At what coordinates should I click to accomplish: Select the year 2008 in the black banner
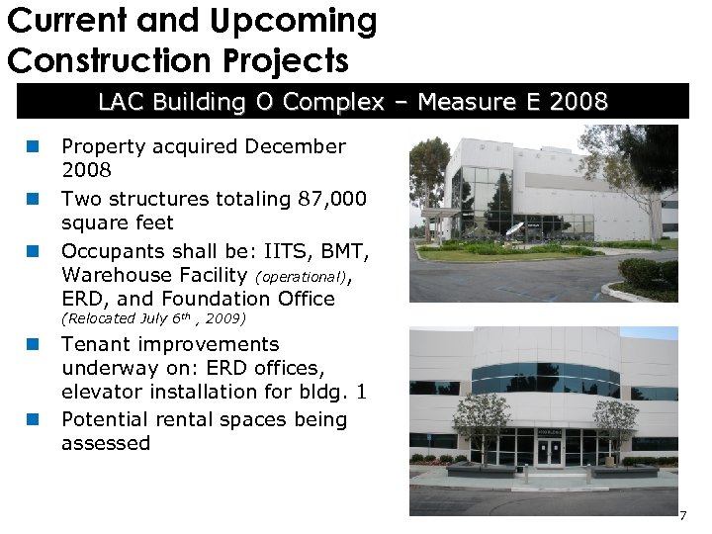coord(575,102)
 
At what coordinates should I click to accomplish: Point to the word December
coord(295,146)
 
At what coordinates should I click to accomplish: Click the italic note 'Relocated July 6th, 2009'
coord(153,318)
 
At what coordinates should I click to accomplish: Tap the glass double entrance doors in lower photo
coord(548,452)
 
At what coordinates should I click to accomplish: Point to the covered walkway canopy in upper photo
coord(440,213)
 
